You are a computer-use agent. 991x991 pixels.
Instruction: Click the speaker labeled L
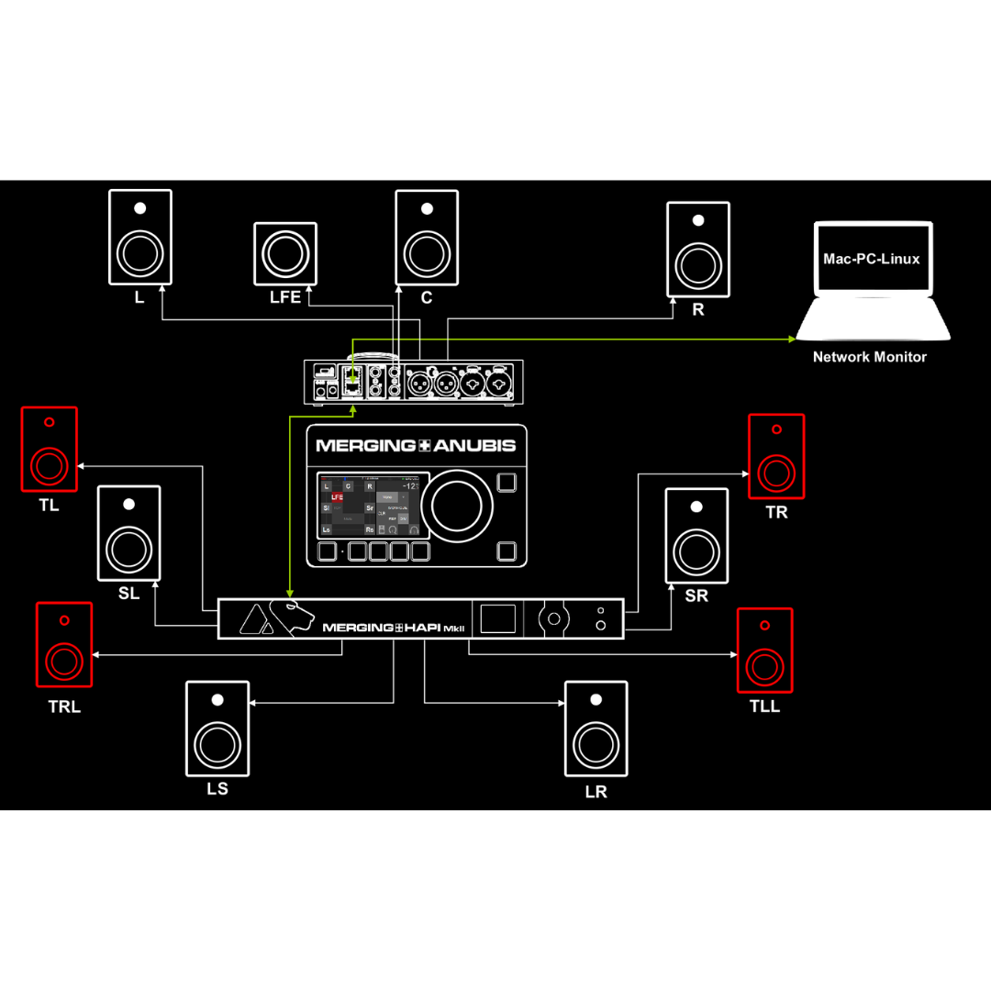coord(139,237)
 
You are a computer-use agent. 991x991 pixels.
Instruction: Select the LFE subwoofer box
coord(285,251)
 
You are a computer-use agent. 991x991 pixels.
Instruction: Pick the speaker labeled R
coord(697,249)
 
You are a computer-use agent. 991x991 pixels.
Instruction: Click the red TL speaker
coord(50,450)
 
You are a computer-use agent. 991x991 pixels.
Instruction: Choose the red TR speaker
coord(776,457)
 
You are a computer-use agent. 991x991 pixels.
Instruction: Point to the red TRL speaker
coord(64,644)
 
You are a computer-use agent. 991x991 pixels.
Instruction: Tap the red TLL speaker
coord(765,650)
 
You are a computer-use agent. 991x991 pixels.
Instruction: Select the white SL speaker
coord(129,533)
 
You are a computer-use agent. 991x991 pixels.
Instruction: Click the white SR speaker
coord(696,535)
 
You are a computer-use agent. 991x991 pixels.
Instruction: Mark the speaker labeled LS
coord(217,728)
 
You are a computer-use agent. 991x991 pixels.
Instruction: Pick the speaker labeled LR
coord(596,729)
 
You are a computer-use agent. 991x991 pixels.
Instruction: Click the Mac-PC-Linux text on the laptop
coord(871,259)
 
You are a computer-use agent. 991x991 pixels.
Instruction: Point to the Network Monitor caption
coord(869,357)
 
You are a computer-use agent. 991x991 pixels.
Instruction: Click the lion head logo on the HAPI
coord(293,618)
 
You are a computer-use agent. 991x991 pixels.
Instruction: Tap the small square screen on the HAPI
coord(498,618)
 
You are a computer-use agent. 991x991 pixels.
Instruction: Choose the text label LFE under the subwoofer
coord(285,297)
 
